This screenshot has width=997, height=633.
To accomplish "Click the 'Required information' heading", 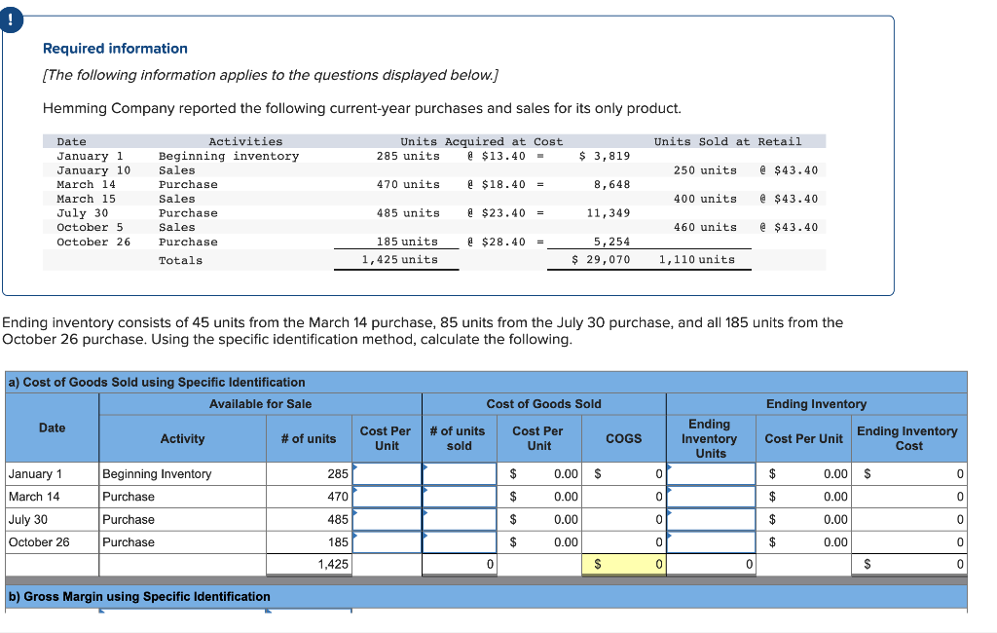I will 115,49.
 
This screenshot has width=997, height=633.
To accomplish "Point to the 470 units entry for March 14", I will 408,184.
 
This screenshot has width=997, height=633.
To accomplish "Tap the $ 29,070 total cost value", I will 601,260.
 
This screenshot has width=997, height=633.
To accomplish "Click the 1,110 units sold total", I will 696,260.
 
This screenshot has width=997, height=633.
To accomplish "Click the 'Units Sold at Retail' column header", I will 727,141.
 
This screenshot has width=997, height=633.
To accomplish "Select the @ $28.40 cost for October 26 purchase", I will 498,242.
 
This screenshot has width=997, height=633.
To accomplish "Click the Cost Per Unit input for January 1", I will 387,474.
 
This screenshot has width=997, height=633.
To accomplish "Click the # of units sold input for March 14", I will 459,497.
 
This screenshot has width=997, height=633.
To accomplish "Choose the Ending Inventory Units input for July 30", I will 711,520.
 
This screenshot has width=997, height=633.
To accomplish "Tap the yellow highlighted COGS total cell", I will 624,564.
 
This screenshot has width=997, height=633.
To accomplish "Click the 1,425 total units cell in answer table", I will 333,564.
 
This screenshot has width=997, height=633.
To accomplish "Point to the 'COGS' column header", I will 623,438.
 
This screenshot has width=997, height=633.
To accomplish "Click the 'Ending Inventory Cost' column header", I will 907,438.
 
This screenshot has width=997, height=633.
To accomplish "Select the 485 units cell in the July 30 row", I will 338,520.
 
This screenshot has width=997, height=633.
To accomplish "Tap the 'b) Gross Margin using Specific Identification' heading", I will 139,596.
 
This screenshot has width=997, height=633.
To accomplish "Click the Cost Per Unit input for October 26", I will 387,542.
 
